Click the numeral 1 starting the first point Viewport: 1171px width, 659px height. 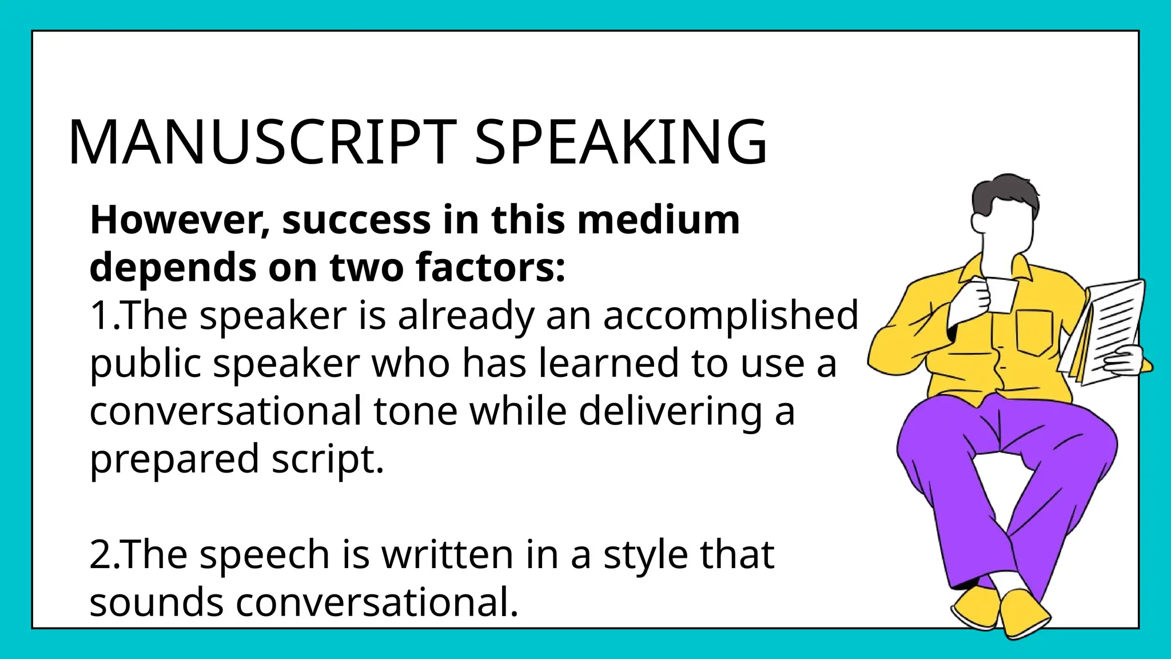pyautogui.click(x=100, y=316)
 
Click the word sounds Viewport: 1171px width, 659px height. pyautogui.click(x=156, y=602)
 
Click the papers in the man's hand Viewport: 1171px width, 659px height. pyautogui.click(x=1112, y=326)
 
